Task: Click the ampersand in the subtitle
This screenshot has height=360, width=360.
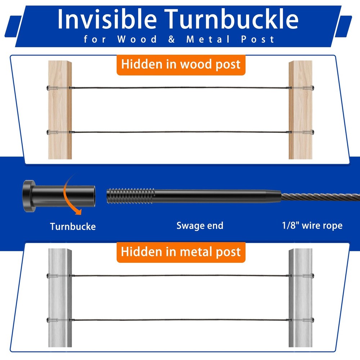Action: [x=171, y=39]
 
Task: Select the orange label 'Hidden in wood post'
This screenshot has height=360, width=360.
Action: [x=181, y=64]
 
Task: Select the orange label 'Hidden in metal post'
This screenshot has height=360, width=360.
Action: [x=181, y=252]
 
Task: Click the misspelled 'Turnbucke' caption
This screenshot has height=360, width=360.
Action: [x=73, y=226]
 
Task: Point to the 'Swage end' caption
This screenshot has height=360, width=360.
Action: [x=200, y=226]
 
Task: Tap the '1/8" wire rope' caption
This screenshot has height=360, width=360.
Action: [x=312, y=225]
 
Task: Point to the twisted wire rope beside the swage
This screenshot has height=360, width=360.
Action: [x=320, y=197]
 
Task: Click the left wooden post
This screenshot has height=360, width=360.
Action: [x=60, y=110]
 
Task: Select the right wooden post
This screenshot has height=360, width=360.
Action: [x=300, y=110]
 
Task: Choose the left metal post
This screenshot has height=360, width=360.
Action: [x=60, y=298]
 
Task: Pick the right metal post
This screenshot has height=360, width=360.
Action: [x=300, y=298]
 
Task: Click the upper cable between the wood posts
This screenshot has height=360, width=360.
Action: [x=180, y=88]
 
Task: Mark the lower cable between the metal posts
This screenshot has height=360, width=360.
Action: [x=180, y=320]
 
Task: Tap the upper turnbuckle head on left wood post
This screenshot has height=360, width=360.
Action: [x=48, y=88]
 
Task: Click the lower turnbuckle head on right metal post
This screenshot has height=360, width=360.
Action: [x=312, y=320]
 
